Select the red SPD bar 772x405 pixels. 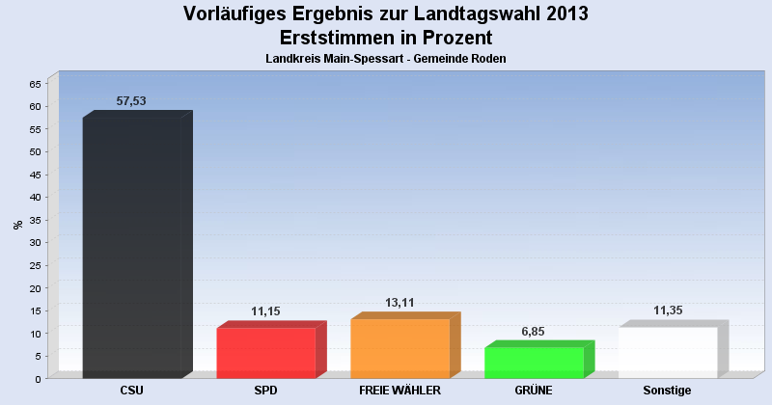(265, 353)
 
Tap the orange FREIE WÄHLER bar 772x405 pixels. (400, 348)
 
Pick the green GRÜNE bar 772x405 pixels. (534, 363)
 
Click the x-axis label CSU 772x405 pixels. (132, 391)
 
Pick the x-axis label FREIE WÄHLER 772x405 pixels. (400, 391)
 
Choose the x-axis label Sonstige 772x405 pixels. (668, 391)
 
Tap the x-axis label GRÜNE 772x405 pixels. (534, 391)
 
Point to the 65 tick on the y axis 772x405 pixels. (35, 84)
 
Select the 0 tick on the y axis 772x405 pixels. (38, 379)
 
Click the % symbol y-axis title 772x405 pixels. (17, 225)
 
